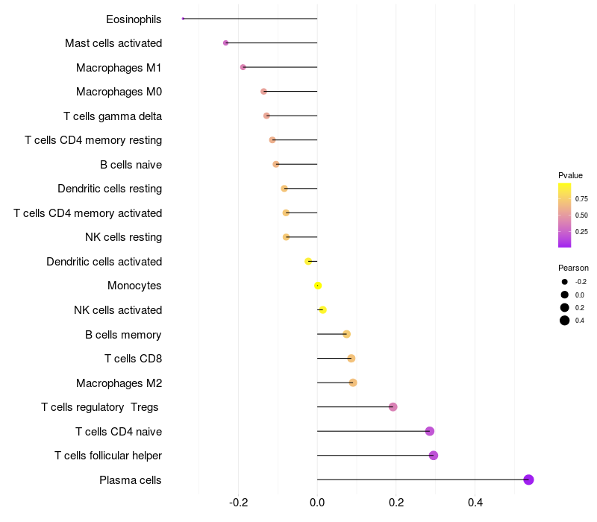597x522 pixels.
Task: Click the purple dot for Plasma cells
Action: [x=528, y=479]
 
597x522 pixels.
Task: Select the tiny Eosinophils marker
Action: [x=183, y=19]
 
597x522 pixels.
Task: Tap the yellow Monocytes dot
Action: [x=318, y=286]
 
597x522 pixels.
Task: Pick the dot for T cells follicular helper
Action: [x=434, y=456]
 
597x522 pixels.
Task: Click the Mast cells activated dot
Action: [x=226, y=43]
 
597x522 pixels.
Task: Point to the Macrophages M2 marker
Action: [x=353, y=383]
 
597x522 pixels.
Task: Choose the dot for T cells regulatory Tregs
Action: [x=393, y=406]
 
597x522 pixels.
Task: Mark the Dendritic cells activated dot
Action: [x=308, y=262]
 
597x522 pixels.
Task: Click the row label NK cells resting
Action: [x=123, y=237]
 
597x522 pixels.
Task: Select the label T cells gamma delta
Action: [x=113, y=116]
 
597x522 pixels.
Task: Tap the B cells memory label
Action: [x=123, y=334]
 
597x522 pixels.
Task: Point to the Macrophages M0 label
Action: [x=119, y=92]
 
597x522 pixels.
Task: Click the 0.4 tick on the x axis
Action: [x=475, y=503]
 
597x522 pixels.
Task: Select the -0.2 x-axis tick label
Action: [x=238, y=503]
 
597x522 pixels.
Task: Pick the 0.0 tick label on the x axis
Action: [x=317, y=503]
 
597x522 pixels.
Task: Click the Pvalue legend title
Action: [x=570, y=175]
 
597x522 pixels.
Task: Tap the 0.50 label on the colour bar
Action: [x=581, y=216]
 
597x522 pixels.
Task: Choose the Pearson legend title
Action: [x=573, y=268]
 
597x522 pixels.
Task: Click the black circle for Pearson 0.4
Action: [x=565, y=321]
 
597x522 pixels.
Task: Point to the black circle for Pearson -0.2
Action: [x=565, y=282]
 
